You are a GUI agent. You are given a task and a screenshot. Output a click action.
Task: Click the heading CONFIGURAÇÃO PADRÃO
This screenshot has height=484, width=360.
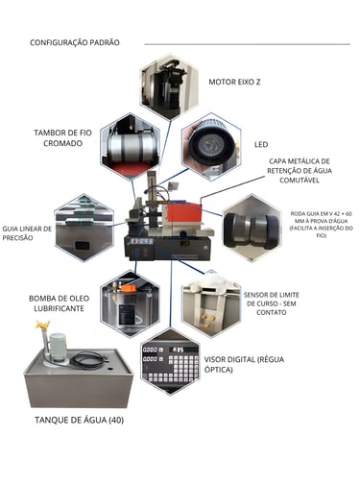coord(75,42)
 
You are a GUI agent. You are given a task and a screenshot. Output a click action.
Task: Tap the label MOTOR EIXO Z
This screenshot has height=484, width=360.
coord(234,82)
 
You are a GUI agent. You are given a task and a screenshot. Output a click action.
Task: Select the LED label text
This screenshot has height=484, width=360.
coord(261,145)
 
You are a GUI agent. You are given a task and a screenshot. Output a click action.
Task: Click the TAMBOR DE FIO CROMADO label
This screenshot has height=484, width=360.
coord(62,138)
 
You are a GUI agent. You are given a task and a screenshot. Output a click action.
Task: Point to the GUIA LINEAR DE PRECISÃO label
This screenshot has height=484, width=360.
coord(27,233)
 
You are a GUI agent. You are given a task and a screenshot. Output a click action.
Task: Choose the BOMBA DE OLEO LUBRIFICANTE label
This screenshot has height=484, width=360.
coord(60,303)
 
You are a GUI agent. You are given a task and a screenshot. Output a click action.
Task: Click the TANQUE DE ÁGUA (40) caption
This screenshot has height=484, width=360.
coord(80,420)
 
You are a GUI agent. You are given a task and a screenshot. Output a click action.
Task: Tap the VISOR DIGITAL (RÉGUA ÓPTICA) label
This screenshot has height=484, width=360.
coord(244,364)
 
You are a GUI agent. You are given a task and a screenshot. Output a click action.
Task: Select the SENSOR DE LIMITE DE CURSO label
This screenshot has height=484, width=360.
coord(272,303)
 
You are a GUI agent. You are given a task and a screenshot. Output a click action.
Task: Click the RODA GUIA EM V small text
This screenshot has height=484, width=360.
coord(322,225)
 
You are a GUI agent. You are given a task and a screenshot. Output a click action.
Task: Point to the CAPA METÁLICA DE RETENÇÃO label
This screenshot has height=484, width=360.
coord(300,171)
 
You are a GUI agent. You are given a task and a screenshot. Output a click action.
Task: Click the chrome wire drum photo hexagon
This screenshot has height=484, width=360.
coord(130,147)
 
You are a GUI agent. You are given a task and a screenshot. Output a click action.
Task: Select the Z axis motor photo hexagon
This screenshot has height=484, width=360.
coord(170,87)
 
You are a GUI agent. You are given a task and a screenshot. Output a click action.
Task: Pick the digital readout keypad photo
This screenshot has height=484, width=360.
coord(170,362)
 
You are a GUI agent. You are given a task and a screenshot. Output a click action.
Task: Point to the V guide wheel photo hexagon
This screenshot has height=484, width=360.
coord(252,229)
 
